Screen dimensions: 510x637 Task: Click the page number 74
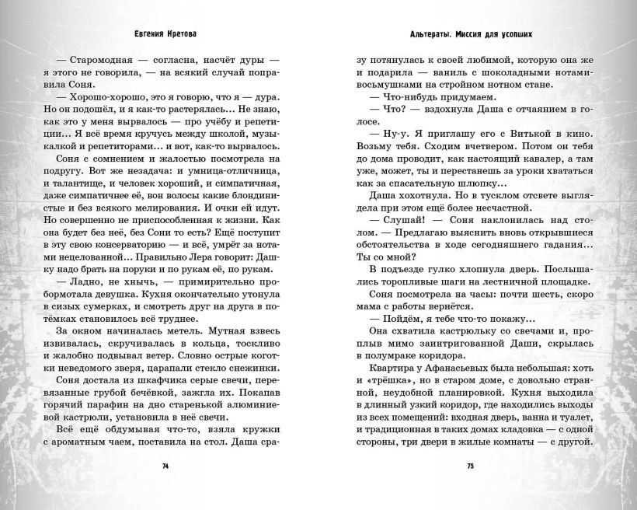coord(165,466)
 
